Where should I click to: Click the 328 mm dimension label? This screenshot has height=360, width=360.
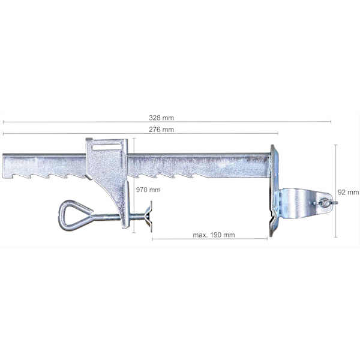(161, 118)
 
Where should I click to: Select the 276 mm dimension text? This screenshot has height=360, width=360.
(161, 130)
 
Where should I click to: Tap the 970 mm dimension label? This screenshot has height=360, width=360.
(148, 190)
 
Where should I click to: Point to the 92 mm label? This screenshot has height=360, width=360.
(348, 192)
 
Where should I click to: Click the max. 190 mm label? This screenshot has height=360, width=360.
(214, 235)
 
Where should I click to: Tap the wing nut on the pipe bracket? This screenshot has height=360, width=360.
(325, 203)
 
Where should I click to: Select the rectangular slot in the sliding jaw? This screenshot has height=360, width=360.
(107, 147)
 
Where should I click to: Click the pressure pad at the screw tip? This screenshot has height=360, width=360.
(149, 216)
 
